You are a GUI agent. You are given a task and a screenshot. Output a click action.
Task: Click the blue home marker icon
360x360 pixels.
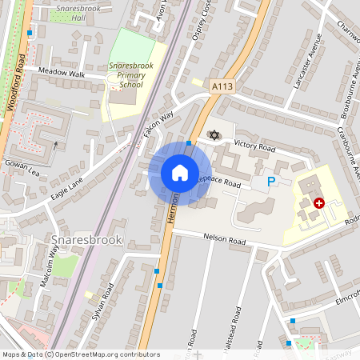(179, 173)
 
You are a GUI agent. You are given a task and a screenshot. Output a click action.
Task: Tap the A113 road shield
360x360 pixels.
(222, 85)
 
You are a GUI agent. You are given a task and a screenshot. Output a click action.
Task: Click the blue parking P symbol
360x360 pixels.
(271, 182)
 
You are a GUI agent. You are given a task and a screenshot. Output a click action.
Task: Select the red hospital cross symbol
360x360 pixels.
(319, 203)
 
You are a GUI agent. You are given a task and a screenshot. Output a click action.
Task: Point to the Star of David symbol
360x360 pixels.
(213, 134)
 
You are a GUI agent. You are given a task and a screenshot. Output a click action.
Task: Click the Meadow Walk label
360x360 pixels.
(65, 72)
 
